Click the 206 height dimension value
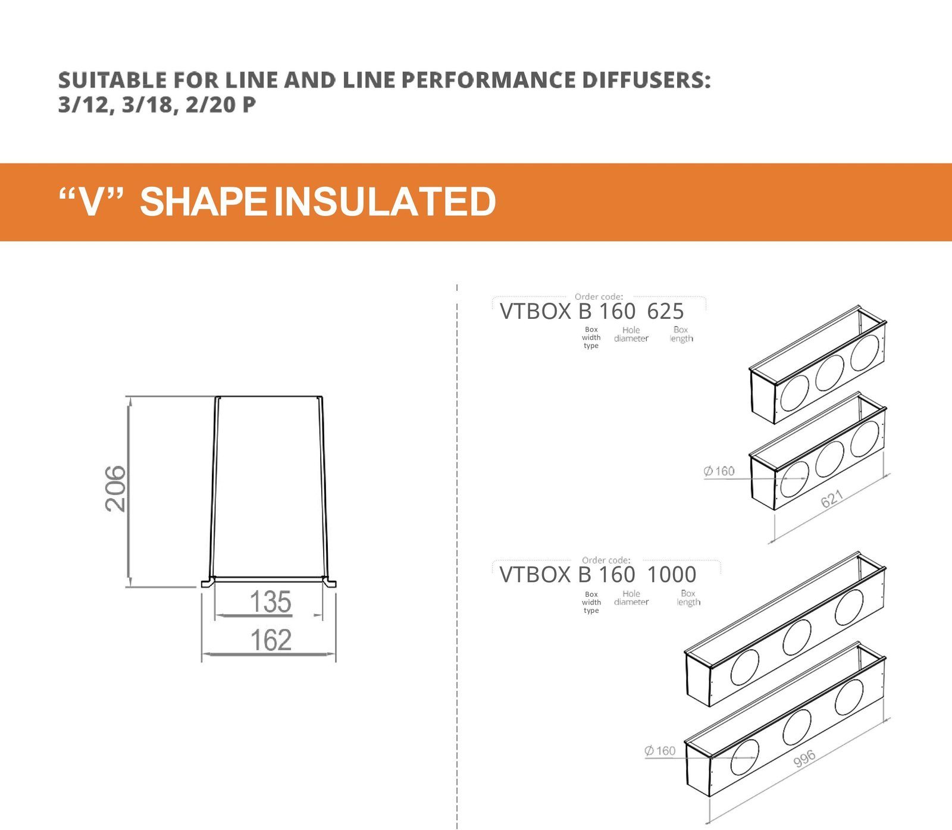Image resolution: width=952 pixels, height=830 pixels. [x=115, y=489]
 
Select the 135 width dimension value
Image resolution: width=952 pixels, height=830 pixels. [x=271, y=602]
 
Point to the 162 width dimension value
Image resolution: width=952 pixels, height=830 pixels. [x=271, y=640]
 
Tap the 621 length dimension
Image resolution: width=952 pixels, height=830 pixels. [x=832, y=499]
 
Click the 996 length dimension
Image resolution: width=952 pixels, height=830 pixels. [x=804, y=759]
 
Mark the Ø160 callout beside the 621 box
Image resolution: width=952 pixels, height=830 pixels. [x=719, y=471]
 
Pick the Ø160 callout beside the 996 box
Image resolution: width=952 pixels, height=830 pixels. [x=660, y=751]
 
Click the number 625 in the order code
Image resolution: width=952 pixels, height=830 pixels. [x=665, y=311]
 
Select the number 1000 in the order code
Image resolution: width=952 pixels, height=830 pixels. [x=671, y=575]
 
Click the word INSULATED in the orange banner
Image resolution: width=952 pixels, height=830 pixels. [x=385, y=202]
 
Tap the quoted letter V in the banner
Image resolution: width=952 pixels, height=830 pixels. [x=91, y=202]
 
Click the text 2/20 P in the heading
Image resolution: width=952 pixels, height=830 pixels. [x=221, y=105]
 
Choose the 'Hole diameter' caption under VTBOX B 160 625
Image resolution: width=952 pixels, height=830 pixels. [x=631, y=334]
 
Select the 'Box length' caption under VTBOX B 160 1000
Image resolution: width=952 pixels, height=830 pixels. [x=688, y=598]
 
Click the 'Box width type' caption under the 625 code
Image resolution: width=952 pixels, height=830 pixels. [x=591, y=337]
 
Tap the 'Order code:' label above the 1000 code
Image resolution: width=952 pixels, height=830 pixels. [x=606, y=560]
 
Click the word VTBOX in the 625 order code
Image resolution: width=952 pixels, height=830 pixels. [x=535, y=311]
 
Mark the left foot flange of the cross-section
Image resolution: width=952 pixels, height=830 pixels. [x=208, y=582]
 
